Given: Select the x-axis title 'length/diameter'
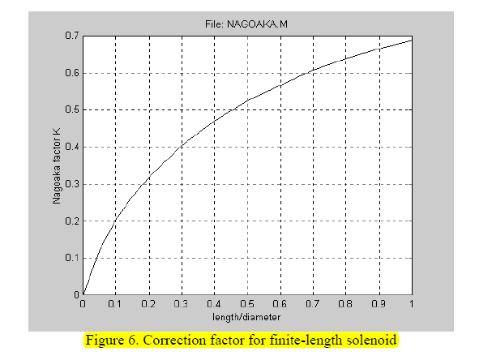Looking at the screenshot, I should click(x=247, y=316).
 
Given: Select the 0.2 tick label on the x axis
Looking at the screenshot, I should click(x=148, y=305).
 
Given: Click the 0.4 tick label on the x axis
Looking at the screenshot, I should click(x=214, y=305).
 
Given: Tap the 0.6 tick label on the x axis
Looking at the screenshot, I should click(x=280, y=305).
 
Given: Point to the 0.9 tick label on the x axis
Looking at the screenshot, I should click(x=379, y=305).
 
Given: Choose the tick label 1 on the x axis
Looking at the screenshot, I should click(x=412, y=305).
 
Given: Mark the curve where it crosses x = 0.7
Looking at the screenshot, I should click(x=313, y=71).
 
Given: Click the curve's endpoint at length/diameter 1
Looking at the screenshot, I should click(x=412, y=39).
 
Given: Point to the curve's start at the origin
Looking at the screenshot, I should click(x=83, y=294).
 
